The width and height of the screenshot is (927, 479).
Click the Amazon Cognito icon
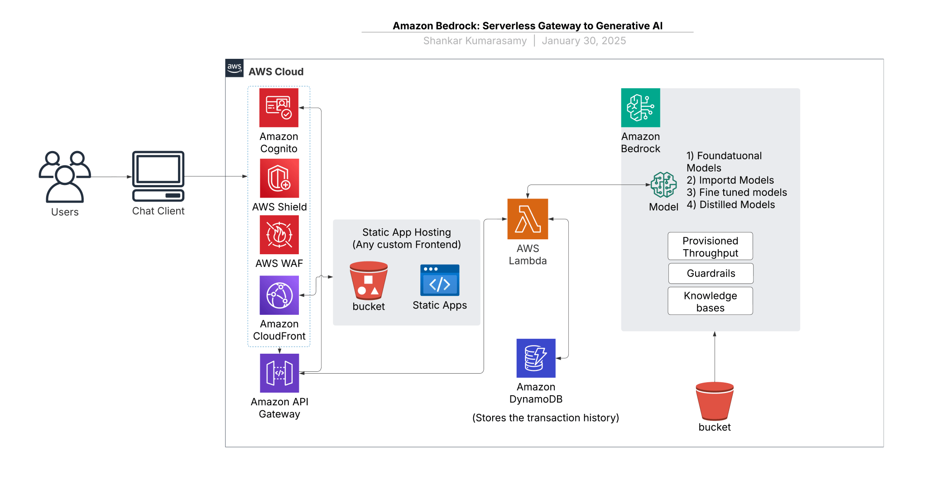(x=279, y=108)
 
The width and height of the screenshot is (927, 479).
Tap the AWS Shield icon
(x=279, y=178)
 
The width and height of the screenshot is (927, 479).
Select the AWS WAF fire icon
(x=279, y=235)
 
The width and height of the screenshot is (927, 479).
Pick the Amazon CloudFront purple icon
(x=279, y=295)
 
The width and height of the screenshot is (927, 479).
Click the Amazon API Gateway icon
(x=279, y=373)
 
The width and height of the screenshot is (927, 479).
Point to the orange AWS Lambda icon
(x=528, y=219)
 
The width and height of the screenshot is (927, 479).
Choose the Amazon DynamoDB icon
(x=536, y=358)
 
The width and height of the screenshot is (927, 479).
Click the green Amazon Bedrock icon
(x=640, y=108)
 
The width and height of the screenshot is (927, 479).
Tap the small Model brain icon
(x=663, y=185)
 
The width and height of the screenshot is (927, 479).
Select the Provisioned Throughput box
(x=710, y=247)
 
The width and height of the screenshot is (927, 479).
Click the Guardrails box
(x=711, y=273)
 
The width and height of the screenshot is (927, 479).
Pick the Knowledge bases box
(x=710, y=301)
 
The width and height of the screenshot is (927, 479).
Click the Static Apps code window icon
(x=439, y=280)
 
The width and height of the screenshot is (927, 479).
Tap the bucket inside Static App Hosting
(x=369, y=281)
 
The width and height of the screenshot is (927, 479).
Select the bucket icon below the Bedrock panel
(x=715, y=401)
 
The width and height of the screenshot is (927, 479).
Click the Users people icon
(x=65, y=176)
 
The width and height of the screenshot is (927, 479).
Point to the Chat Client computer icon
(x=158, y=176)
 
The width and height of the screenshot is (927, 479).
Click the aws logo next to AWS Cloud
(x=234, y=68)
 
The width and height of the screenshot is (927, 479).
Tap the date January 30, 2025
(x=584, y=41)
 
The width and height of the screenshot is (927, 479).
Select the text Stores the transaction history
(x=545, y=417)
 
